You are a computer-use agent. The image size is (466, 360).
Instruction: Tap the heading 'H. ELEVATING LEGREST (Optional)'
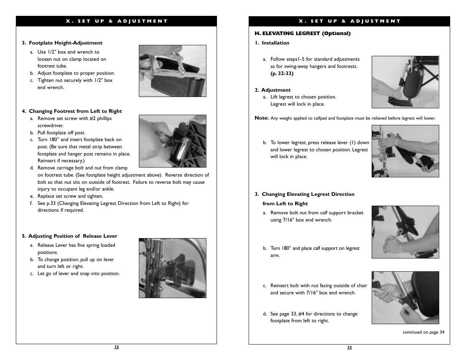point(303,34)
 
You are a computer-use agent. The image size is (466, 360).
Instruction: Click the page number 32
point(117,347)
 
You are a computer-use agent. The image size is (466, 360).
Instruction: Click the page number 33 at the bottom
point(349,348)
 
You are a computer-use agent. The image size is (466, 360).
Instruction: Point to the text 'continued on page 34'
point(423,332)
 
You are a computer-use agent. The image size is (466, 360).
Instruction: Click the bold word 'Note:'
point(261,118)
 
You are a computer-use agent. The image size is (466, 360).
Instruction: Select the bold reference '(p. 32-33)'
point(281,74)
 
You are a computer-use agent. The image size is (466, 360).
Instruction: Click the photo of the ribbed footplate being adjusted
point(172,71)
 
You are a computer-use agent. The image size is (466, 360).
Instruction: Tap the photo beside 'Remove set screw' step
point(172,141)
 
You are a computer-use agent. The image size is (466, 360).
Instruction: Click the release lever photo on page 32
point(172,268)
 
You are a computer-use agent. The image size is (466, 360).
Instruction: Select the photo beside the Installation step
point(405,82)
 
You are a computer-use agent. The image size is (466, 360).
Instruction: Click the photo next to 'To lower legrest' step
point(405,151)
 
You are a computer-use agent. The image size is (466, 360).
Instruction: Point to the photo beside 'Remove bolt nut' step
point(405,232)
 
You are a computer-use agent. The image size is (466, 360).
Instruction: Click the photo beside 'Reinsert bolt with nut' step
point(405,298)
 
